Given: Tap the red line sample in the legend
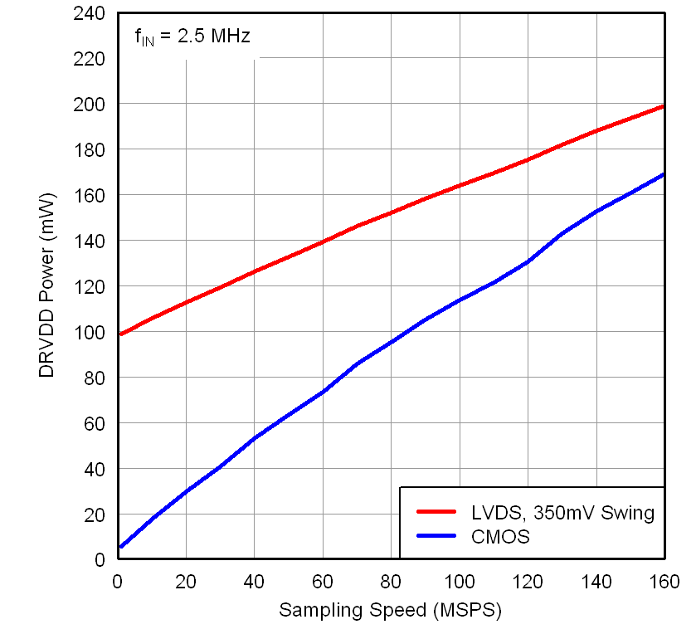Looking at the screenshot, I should click(x=436, y=513).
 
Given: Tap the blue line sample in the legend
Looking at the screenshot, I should click(x=436, y=536).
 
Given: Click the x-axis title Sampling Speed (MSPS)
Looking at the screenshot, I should click(x=390, y=611).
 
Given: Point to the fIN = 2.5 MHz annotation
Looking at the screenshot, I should click(x=192, y=37).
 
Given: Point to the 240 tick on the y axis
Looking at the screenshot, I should click(x=91, y=14).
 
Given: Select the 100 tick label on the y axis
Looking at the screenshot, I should click(x=91, y=332).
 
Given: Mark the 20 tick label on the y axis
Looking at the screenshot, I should click(x=95, y=515).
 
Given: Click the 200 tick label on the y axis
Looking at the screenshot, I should click(x=91, y=105).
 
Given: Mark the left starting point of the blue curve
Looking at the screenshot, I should click(x=121, y=547).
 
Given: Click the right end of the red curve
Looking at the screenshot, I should click(x=663, y=106).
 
